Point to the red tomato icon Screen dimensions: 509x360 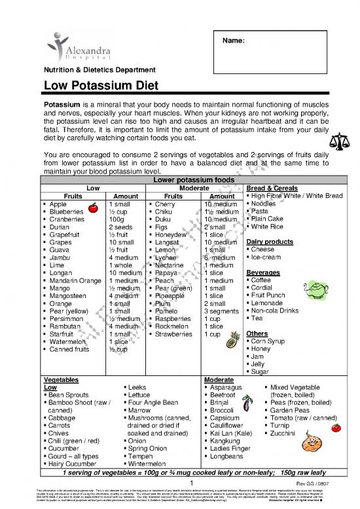(x=336, y=427)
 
